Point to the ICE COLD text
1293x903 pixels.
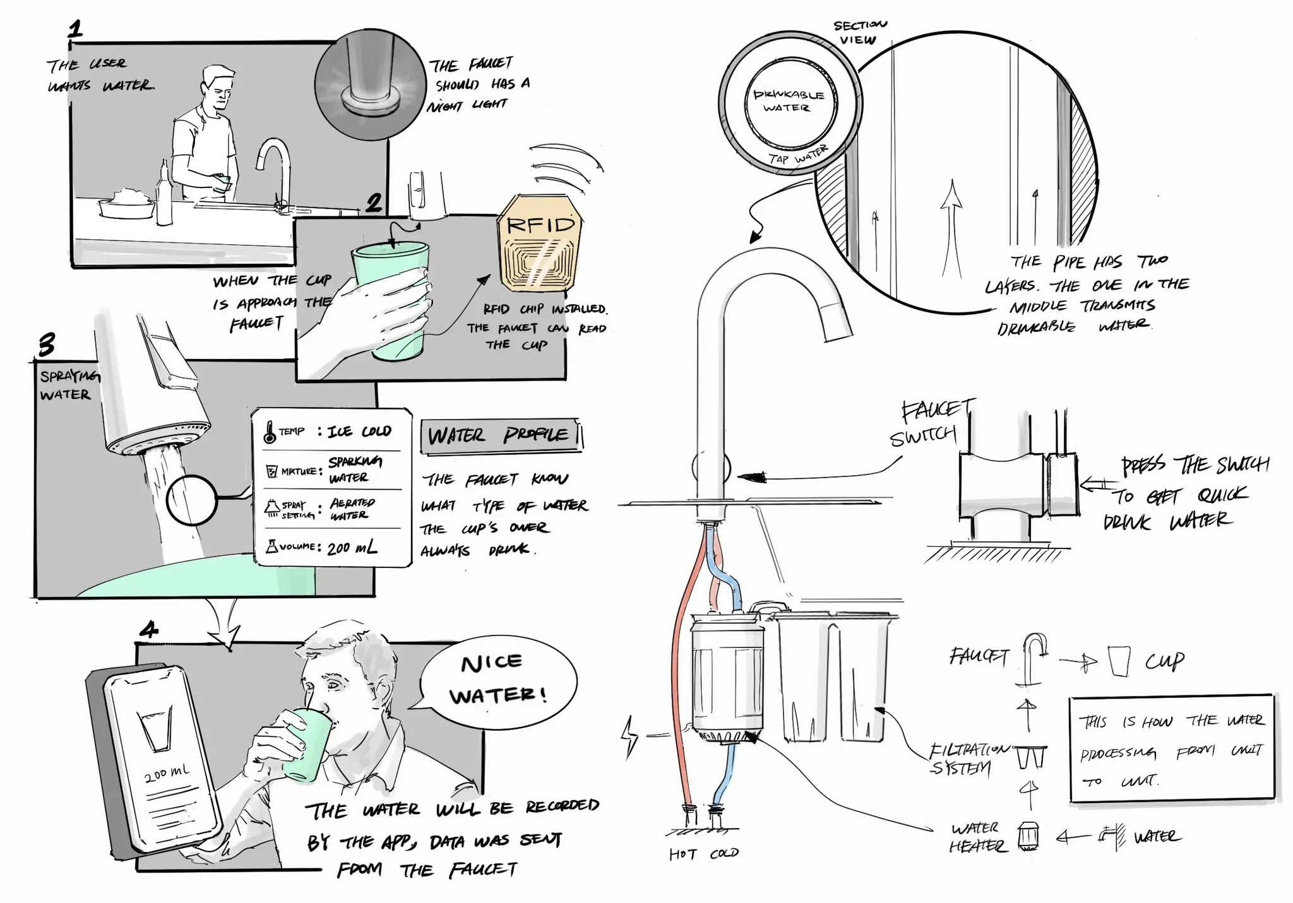point(359,432)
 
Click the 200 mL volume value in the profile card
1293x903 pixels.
point(352,548)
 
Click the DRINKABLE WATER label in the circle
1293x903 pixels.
point(789,101)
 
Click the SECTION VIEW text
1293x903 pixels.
point(859,32)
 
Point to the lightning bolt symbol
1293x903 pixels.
point(630,736)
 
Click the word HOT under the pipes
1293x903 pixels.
point(683,854)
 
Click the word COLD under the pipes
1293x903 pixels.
point(724,853)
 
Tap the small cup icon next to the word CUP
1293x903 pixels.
point(1119,661)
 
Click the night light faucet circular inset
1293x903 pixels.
point(370,83)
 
